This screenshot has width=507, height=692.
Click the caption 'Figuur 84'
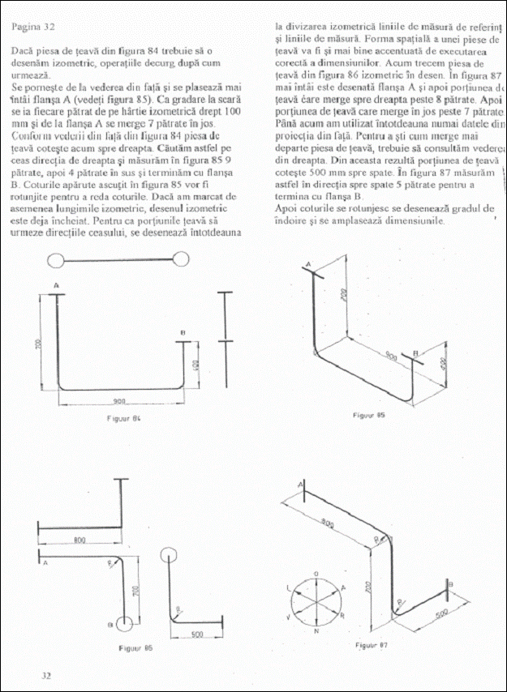tap(124, 418)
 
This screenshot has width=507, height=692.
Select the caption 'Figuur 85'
tap(368, 415)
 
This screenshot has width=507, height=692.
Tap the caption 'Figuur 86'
tap(135, 648)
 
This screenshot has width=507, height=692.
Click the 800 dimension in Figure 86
tap(80, 539)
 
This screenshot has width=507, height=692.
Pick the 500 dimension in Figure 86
tap(196, 633)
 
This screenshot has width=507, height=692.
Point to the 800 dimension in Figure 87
tap(329, 524)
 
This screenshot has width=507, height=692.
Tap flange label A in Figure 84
tap(56, 286)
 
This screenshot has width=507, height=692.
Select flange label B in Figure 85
tap(416, 353)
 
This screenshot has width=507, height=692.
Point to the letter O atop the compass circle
tap(316, 573)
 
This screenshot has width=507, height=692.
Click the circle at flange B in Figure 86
tap(124, 624)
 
